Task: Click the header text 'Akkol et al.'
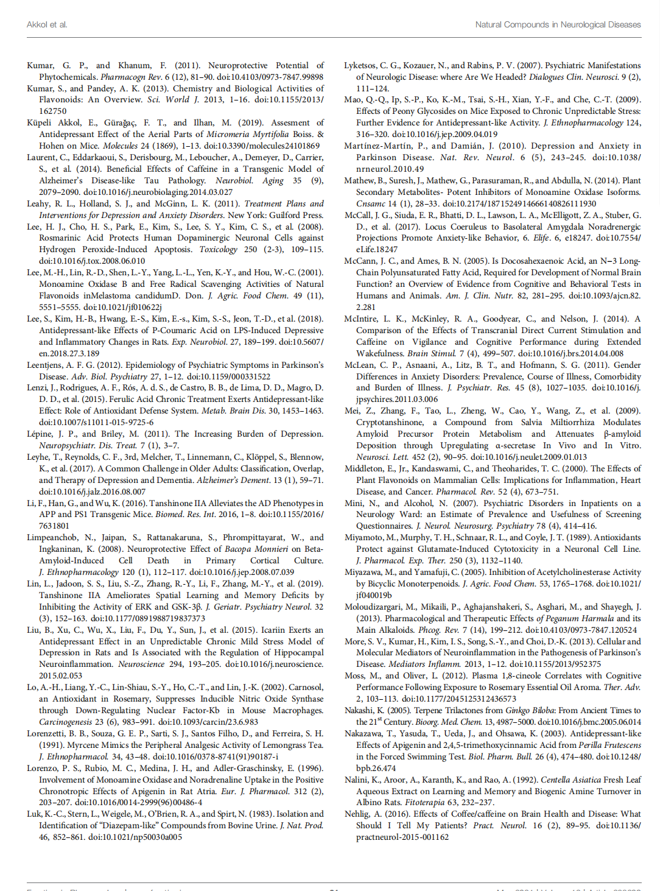pyautogui.click(x=47, y=25)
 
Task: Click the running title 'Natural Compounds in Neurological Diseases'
pyautogui.click(x=558, y=25)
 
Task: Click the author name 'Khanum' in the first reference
pyautogui.click(x=134, y=65)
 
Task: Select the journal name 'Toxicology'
pyautogui.click(x=219, y=249)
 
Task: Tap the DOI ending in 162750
pyautogui.click(x=53, y=111)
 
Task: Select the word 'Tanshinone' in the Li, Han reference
pyautogui.click(x=166, y=503)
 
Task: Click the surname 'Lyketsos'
pyautogui.click(x=360, y=65)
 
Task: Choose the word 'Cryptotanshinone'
pyautogui.click(x=390, y=423)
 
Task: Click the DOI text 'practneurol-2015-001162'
pyautogui.click(x=402, y=837)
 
